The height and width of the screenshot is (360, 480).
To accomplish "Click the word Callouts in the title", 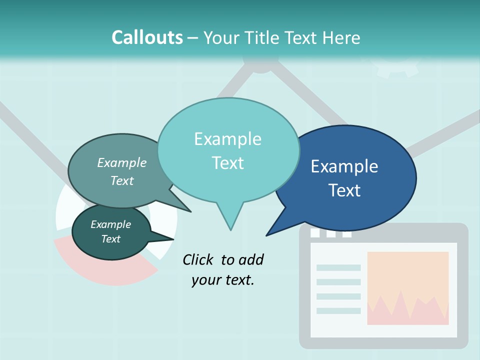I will pos(147,37).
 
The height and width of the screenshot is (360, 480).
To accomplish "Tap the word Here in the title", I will pos(341,37).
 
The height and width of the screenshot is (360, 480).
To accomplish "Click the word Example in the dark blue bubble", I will pos(344,166).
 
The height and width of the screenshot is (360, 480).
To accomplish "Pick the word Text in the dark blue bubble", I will pos(344,190).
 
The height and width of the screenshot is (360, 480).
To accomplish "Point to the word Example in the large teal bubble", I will pos(227,139).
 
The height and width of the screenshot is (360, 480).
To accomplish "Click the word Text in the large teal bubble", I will pos(227,163).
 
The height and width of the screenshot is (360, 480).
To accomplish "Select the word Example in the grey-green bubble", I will pos(122,162).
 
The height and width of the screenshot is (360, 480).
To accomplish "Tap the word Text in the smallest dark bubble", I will pos(111,239).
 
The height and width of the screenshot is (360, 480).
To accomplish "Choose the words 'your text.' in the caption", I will pos(222,280).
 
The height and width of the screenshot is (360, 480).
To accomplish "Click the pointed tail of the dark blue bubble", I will pos(268,234).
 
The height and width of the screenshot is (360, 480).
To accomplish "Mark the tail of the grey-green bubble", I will pos(189,211).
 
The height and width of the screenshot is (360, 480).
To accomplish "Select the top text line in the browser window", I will pos(338,267).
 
